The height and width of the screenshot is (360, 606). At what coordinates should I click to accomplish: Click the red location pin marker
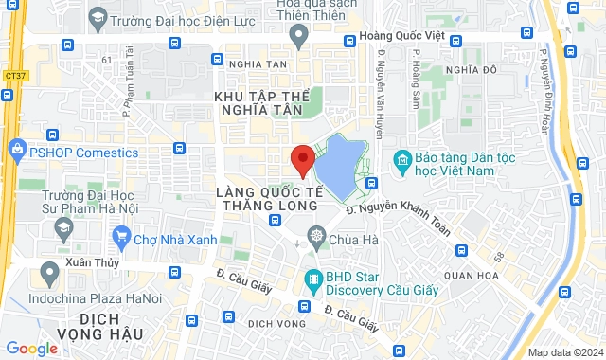[302, 159]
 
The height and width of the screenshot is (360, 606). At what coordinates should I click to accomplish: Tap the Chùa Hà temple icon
[314, 236]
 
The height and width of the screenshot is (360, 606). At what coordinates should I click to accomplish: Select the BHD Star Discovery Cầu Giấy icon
[312, 278]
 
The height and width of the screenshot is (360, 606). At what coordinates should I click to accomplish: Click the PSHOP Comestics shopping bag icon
[16, 150]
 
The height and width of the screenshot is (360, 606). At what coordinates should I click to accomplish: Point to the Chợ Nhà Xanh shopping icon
[120, 235]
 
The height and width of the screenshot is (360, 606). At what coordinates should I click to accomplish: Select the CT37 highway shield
[14, 73]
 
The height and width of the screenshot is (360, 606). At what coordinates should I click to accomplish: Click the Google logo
[31, 349]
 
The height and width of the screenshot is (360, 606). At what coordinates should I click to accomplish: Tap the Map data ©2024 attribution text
[565, 352]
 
